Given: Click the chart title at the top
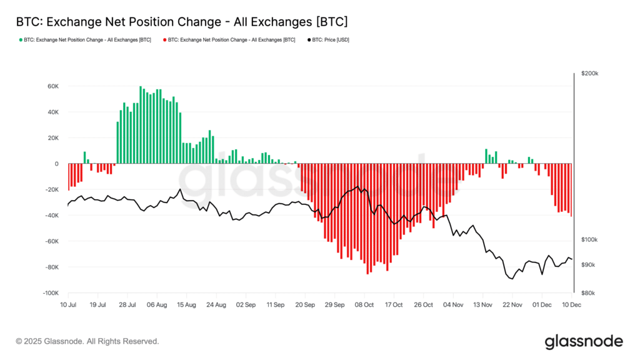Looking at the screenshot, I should pos(182,22).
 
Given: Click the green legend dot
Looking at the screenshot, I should pos(21,40).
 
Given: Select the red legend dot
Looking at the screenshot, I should pos(165,40).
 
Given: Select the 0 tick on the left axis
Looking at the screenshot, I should pos(56,164).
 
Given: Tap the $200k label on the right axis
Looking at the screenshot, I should pos(589,74).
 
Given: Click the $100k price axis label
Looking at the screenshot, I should pos(589,240).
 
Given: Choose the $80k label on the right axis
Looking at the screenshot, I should pos(588,293).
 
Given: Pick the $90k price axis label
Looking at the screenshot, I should pos(588,265).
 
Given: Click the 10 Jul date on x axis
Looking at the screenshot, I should pos(67,305).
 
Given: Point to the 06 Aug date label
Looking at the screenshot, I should pos(156,305).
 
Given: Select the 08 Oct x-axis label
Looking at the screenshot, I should pos(364,305).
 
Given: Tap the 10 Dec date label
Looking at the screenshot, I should pos(571,305).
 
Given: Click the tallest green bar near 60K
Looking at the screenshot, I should pos(141,125).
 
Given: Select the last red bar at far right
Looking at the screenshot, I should pos(571,190).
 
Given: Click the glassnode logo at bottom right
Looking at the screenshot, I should pos(584,341).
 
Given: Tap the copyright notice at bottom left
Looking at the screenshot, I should pos(87,342).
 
